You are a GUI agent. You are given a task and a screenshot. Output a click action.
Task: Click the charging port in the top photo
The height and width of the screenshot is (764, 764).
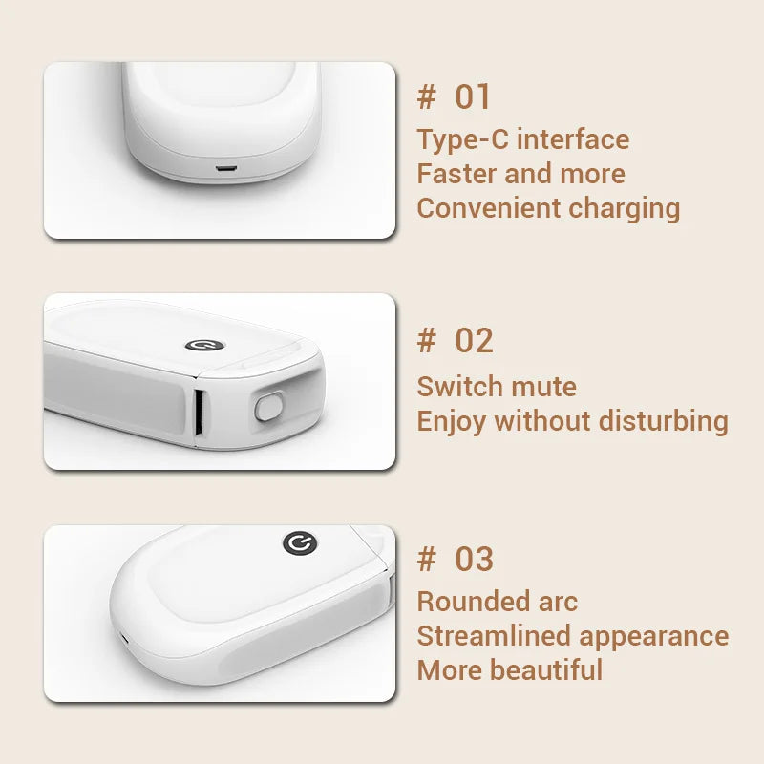[x=225, y=169]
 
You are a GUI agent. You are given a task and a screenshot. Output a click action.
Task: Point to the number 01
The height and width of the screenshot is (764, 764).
[x=473, y=96]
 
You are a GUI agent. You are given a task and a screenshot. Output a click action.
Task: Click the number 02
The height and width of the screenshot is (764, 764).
[x=474, y=341]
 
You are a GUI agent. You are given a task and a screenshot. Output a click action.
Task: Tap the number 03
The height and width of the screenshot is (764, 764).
[x=474, y=560]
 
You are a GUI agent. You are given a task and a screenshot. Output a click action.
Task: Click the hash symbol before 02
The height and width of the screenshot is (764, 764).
[x=427, y=341]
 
